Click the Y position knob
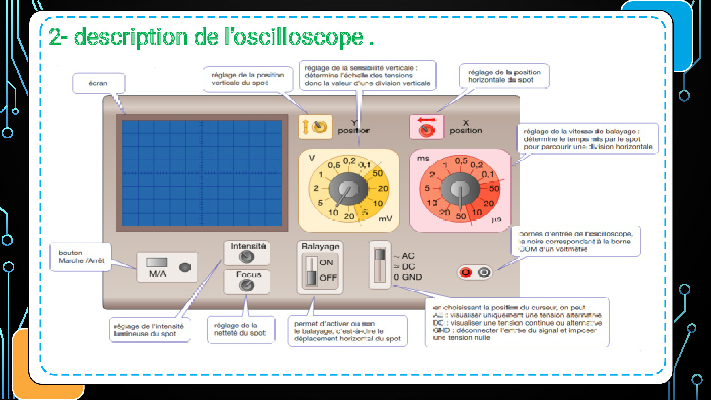point(320,127)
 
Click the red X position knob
point(426,130)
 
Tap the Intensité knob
point(246,256)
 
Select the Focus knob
point(246,285)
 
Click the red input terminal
point(466,272)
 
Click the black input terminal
point(484,272)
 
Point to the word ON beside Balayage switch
point(326,262)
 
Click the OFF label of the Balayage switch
point(328,278)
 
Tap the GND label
point(412,277)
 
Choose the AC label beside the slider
point(408,256)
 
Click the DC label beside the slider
point(408,266)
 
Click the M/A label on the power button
point(157,274)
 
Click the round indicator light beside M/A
point(185,267)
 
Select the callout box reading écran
point(99,83)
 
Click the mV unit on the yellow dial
point(385,219)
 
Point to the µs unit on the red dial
point(497,219)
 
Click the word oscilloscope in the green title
point(298,37)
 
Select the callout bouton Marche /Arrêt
point(81,257)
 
